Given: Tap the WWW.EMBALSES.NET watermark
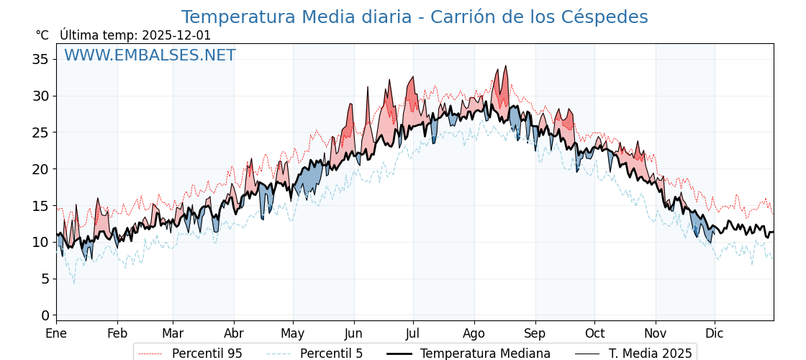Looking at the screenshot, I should pos(150,55).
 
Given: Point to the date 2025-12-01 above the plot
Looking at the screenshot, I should pos(176,35).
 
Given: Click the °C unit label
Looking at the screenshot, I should pos(42,35).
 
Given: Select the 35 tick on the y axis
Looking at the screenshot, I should pos(40,59).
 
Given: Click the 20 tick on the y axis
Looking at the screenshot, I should pos(40,169).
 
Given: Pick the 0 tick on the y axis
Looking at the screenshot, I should pos(45,315).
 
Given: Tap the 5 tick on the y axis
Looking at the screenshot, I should pos(45,279).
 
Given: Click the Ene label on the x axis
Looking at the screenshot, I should pos(56,334).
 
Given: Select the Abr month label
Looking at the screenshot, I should pos(234,334).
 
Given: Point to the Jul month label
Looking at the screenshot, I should pos(413,334).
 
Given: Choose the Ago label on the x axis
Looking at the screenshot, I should pos(474,334).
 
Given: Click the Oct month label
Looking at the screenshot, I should pos(594,334).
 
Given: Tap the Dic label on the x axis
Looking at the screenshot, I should pos(715,334).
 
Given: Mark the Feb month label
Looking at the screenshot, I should pos(117,334).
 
